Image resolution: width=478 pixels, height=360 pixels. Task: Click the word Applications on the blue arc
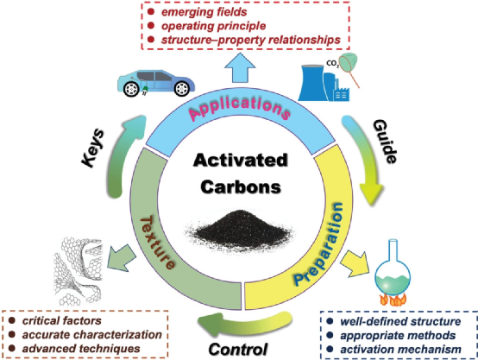(x=240, y=107)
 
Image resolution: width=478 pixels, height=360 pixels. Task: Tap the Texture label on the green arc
(x=157, y=243)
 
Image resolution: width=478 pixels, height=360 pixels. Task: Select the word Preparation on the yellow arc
(x=318, y=244)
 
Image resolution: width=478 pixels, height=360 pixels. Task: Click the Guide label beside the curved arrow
(x=386, y=141)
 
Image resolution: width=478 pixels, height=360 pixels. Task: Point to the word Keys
(x=93, y=148)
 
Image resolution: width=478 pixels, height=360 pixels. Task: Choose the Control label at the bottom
(x=238, y=349)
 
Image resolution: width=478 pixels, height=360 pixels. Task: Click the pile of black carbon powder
(x=240, y=230)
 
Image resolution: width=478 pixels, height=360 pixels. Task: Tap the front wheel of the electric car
(x=132, y=88)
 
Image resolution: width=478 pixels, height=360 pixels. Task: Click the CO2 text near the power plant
(x=332, y=64)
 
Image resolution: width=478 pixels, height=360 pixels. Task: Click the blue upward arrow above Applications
(x=240, y=67)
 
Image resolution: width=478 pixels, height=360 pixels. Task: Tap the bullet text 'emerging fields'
(x=204, y=12)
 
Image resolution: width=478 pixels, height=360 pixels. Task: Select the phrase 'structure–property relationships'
(x=250, y=40)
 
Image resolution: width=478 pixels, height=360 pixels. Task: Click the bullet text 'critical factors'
(x=62, y=320)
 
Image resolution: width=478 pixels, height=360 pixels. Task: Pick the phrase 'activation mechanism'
(x=400, y=350)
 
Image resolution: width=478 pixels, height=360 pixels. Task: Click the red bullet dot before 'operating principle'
(x=151, y=26)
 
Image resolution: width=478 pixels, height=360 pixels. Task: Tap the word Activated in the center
(x=241, y=161)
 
